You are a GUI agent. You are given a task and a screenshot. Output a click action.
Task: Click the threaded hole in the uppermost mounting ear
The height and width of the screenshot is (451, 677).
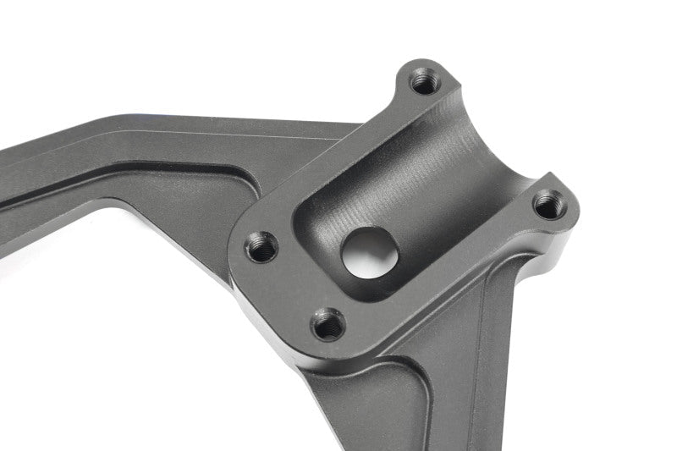(423, 82)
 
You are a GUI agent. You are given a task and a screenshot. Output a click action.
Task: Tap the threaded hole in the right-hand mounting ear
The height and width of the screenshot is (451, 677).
(549, 203)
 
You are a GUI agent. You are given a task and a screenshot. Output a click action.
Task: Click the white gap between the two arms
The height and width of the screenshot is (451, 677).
(169, 322)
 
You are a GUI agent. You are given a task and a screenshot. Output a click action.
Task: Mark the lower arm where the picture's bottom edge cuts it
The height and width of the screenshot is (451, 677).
(423, 444)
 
